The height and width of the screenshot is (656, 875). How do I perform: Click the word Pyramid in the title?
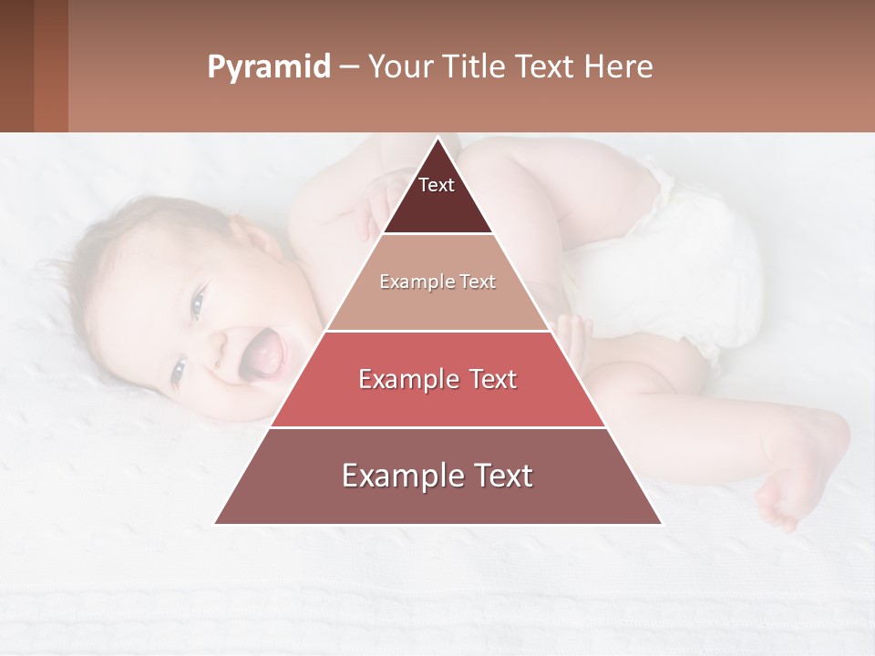[268, 67]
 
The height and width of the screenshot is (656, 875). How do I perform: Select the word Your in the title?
[399, 67]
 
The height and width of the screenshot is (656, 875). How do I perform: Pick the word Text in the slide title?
[546, 67]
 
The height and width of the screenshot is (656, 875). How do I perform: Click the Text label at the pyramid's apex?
[437, 186]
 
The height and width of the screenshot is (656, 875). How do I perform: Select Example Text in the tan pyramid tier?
[437, 282]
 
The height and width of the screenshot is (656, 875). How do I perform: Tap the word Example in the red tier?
[407, 379]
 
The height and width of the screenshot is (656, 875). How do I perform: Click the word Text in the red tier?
[489, 379]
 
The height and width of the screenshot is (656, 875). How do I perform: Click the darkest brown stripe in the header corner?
[16, 66]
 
